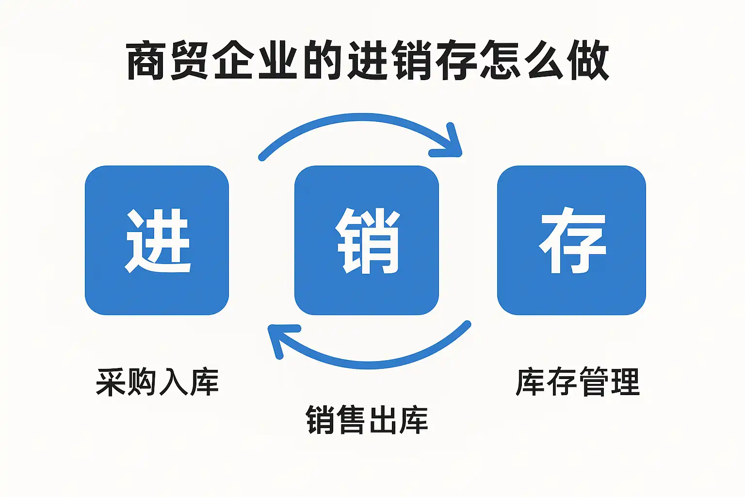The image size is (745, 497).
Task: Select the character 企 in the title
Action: (x=235, y=61)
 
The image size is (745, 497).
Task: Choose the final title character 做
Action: (x=588, y=61)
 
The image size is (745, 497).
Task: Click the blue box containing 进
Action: (x=157, y=240)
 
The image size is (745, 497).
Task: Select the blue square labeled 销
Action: (x=367, y=240)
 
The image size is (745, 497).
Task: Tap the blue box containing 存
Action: (x=571, y=240)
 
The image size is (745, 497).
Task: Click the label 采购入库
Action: (x=157, y=382)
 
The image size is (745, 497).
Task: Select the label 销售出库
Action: (x=367, y=420)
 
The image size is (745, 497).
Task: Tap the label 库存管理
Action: (x=578, y=382)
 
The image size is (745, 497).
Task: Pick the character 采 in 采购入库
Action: (x=111, y=382)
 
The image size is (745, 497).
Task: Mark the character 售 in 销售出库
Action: (x=352, y=420)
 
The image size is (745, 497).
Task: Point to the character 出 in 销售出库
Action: (x=383, y=420)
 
